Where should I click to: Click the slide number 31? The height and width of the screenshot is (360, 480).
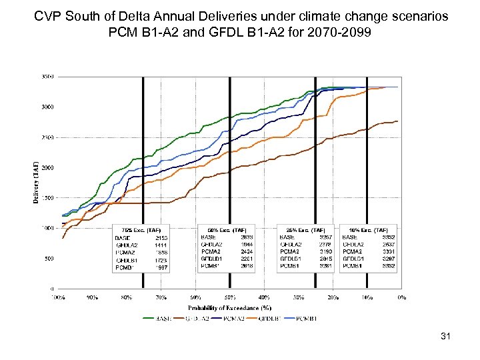pyautogui.click(x=446, y=337)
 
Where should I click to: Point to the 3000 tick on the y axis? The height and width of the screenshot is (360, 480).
pyautogui.click(x=47, y=107)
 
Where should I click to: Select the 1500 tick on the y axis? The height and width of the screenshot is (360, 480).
pyautogui.click(x=47, y=198)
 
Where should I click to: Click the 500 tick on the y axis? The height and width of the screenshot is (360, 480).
pyautogui.click(x=49, y=259)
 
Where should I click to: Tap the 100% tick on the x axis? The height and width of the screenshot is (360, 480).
pyautogui.click(x=59, y=297)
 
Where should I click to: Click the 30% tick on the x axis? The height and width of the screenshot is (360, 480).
pyautogui.click(x=299, y=297)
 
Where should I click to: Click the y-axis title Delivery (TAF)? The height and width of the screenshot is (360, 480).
pyautogui.click(x=36, y=180)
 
